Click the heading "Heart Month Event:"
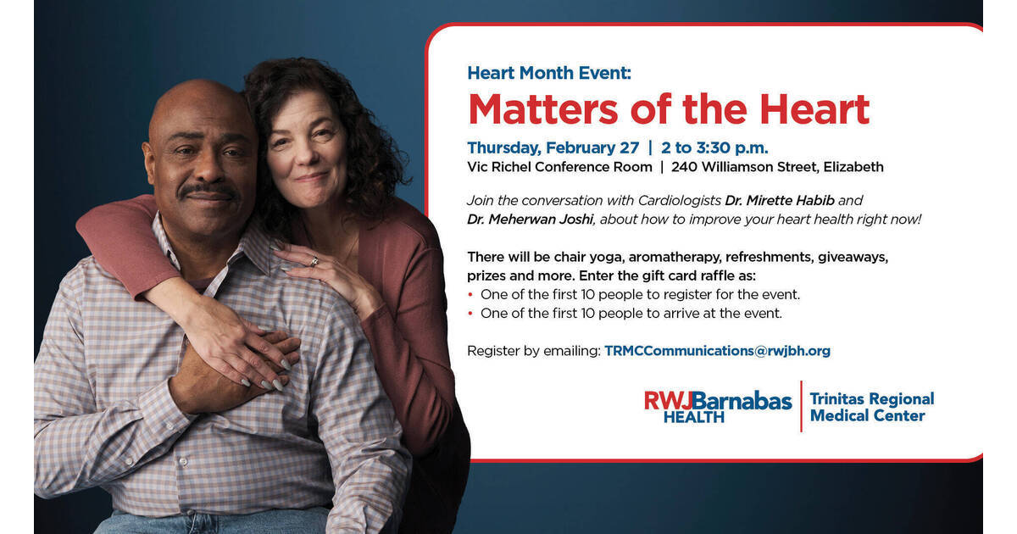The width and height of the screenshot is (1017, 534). pos(548,73)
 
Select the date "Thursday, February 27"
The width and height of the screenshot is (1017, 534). pos(553,148)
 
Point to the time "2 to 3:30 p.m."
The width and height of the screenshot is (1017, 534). pos(714,148)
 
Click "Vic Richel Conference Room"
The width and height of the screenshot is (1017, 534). pos(559,167)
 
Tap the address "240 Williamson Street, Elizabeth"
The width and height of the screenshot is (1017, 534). pos(777,167)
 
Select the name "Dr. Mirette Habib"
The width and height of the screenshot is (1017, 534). pos(781,201)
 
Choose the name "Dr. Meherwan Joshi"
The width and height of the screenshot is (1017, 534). pos(530,220)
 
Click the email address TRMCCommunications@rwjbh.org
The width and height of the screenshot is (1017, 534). pos(717,350)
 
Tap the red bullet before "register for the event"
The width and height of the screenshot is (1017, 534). pos(471,295)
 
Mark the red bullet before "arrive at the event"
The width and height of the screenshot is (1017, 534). pos(471,314)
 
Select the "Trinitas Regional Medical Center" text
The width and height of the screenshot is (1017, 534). pos(871,407)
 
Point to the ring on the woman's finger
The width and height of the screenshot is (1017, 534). pos(314,261)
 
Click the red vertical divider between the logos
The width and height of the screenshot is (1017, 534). pos(801,406)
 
